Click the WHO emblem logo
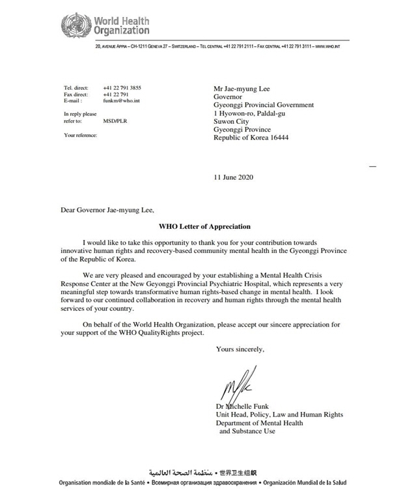coord(74,25)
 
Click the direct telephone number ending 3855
coord(122,87)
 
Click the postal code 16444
coord(277,138)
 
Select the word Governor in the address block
coord(229,96)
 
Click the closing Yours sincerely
coord(240,349)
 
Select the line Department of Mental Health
coord(259,422)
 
